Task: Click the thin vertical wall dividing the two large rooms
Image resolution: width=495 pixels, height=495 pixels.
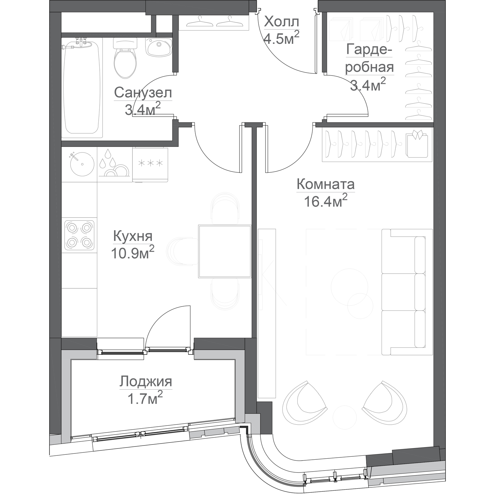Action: coord(254,231)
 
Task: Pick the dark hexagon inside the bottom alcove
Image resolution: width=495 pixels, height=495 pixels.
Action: coord(148,389)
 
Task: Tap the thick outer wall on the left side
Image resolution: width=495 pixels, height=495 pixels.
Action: coord(55,198)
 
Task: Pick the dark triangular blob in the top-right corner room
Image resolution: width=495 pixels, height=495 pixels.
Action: coord(370,66)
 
